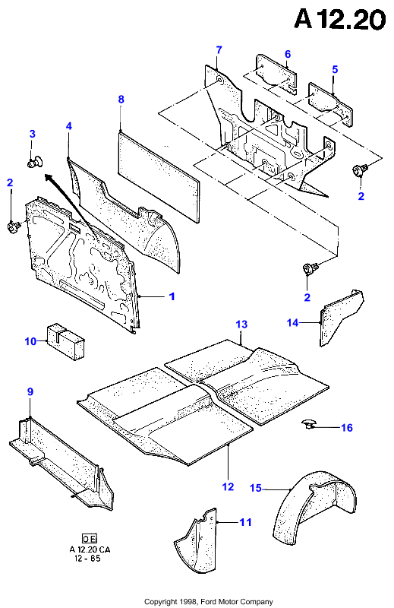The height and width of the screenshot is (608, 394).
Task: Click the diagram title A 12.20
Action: [340, 19]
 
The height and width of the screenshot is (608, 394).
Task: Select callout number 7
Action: [219, 50]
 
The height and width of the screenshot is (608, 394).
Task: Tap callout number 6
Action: [288, 54]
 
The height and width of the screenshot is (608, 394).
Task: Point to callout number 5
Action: [335, 69]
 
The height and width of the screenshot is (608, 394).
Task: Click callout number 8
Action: [121, 100]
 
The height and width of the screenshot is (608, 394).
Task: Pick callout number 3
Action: [32, 134]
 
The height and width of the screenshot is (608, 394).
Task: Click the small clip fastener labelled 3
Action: [35, 161]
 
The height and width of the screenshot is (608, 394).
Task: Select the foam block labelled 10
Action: [66, 341]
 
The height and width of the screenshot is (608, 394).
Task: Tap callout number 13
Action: [241, 325]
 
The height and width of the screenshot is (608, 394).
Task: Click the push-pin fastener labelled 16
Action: [308, 425]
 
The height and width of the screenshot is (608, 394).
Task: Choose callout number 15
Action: [255, 488]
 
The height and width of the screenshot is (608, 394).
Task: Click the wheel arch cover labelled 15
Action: [314, 503]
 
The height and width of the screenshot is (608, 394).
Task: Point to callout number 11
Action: [245, 522]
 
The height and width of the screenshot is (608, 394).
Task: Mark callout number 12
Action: [228, 486]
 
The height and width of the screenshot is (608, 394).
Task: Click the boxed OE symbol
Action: [90, 538]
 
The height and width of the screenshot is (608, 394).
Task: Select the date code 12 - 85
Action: [90, 559]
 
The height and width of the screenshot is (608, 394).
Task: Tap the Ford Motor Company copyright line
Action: [209, 602]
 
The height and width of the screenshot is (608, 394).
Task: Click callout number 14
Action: [292, 322]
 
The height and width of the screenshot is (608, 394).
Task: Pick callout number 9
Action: [30, 391]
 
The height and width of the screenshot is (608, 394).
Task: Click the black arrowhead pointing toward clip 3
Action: [49, 178]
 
